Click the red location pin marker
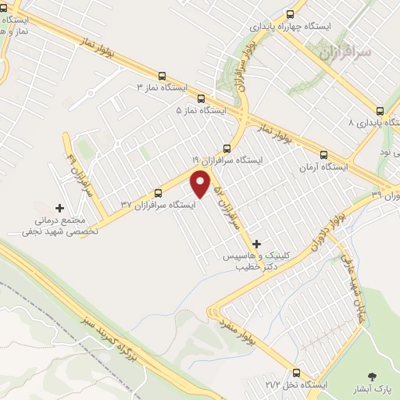point(202,183)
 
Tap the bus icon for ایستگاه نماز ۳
point(162,77)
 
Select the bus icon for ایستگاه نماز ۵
point(202,99)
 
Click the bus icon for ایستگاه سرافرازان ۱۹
point(227,147)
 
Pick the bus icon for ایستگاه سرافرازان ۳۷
point(159,193)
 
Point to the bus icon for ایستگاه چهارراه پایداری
point(291,13)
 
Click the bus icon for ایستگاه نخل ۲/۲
point(296,373)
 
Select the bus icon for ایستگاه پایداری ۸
point(380,111)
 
